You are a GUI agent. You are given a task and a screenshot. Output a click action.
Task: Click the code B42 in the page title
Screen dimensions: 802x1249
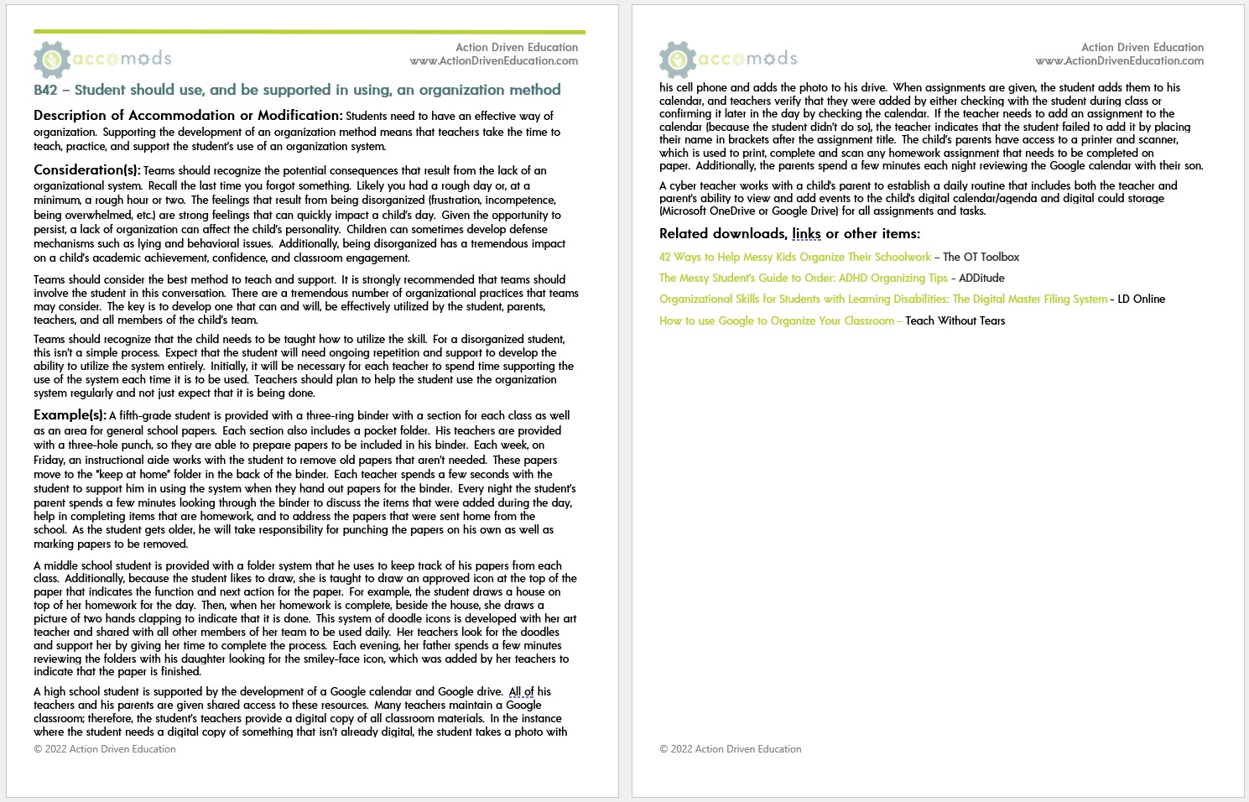(45, 90)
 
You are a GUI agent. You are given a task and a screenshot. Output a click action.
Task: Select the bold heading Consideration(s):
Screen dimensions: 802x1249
(87, 170)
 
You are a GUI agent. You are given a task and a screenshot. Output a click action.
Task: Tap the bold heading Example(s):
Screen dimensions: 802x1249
(70, 415)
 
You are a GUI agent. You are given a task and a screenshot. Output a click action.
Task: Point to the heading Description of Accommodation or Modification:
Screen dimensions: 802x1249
(188, 116)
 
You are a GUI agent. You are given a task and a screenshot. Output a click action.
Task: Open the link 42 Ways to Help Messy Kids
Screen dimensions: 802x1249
(794, 258)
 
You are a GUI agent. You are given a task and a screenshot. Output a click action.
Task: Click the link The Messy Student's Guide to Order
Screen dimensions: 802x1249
(803, 279)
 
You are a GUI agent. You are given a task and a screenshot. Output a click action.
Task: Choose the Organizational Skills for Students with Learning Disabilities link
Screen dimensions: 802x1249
(882, 299)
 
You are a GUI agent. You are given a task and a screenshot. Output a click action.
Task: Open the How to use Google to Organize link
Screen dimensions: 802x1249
(776, 321)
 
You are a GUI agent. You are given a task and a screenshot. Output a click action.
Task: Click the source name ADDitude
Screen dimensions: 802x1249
(981, 279)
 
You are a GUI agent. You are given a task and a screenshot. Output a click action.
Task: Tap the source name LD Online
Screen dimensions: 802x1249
(1141, 299)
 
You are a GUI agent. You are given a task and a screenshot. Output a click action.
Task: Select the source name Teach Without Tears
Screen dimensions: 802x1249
(955, 321)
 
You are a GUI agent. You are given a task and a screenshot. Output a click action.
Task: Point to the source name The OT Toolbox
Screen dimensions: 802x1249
(981, 258)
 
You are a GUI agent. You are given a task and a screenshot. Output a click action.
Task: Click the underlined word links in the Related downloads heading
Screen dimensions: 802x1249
(806, 234)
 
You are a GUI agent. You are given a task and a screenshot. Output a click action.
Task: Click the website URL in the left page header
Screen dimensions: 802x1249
(493, 61)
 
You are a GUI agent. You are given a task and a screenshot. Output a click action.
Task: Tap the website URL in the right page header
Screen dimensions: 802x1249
(1119, 61)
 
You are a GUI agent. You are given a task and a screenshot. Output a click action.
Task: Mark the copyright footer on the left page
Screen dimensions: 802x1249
(105, 749)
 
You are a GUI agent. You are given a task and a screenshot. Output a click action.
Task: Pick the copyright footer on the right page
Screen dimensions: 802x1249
(730, 749)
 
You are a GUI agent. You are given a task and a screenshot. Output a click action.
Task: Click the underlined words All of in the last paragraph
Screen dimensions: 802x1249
(521, 692)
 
